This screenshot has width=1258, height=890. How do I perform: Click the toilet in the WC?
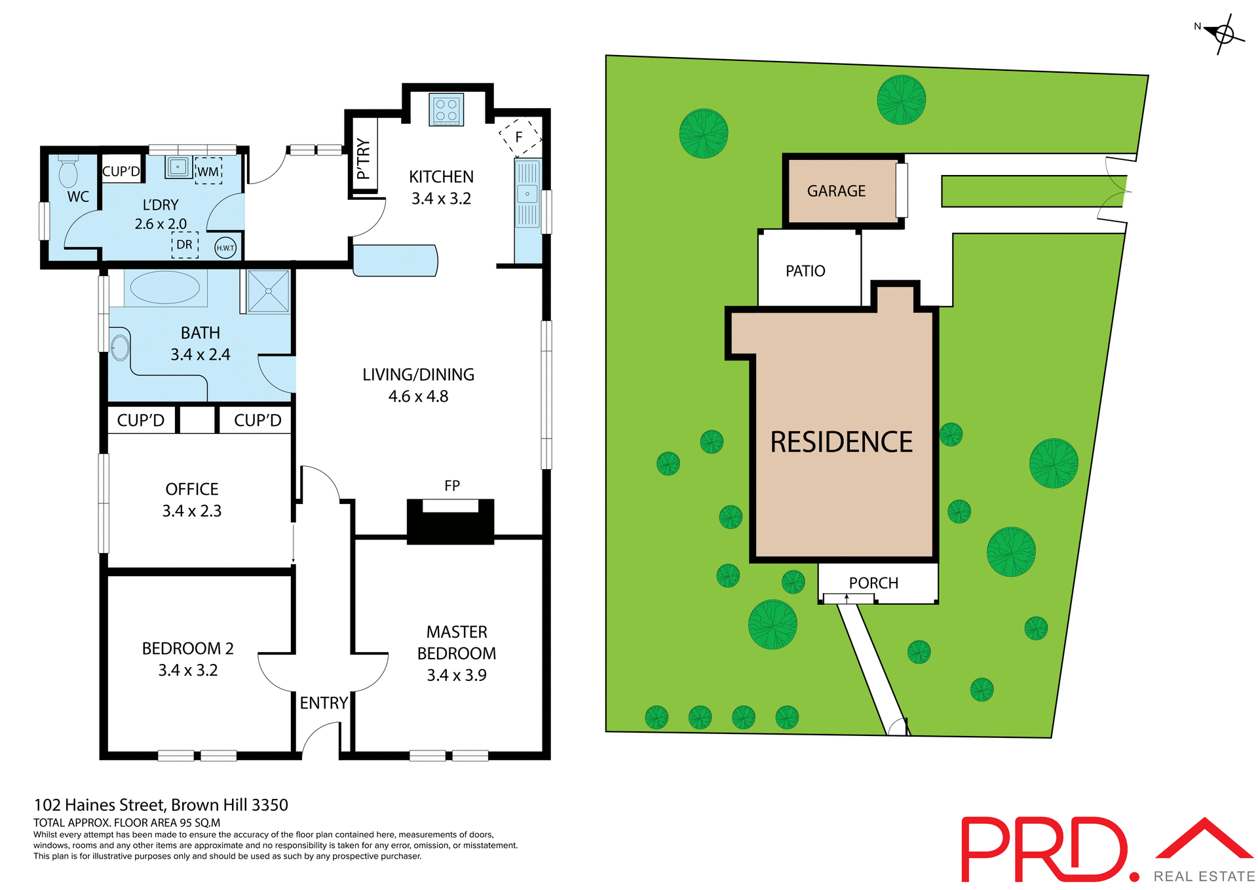point(68,173)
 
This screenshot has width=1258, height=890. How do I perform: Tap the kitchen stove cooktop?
point(446,109)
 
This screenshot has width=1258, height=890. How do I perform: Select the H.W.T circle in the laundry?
point(225,247)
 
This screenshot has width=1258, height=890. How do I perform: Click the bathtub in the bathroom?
point(165,287)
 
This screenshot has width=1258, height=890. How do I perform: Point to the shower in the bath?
point(268,291)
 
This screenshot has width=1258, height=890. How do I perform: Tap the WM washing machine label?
point(208,172)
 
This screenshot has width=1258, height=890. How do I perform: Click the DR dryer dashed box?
point(185,244)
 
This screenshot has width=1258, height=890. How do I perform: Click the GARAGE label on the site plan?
point(836,191)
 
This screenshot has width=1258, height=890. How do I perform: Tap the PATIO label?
point(805,271)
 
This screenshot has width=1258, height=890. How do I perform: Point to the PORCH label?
point(873,583)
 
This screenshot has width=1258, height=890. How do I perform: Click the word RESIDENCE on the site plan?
point(841,442)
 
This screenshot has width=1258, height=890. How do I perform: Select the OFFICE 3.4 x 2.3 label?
point(192,499)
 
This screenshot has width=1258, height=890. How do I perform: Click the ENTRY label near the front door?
point(324,703)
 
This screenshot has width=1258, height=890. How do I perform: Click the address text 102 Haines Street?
point(161,805)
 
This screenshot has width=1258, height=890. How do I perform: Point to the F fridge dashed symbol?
point(520,137)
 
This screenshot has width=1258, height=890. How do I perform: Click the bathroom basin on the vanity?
point(120,348)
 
